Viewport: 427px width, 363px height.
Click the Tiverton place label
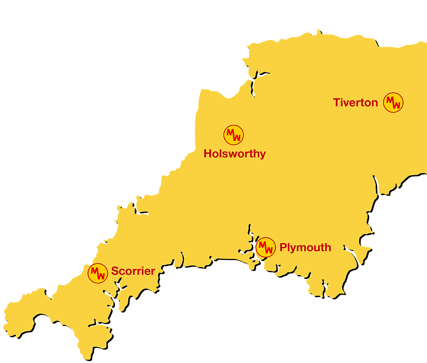pyautogui.click(x=355, y=103)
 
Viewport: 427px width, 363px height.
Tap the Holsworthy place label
pyautogui.click(x=234, y=154)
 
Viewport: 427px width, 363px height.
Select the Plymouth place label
pyautogui.click(x=305, y=248)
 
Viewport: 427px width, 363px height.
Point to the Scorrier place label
pyautogui.click(x=133, y=271)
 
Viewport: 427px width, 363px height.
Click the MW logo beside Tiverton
pyautogui.click(x=393, y=103)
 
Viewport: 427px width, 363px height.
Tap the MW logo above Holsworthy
pyautogui.click(x=234, y=136)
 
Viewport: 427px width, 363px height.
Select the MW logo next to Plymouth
pyautogui.click(x=265, y=248)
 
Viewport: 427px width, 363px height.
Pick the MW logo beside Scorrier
pyautogui.click(x=98, y=273)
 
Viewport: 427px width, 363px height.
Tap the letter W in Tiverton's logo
pyautogui.click(x=396, y=105)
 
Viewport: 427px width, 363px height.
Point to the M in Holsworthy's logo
pyautogui.click(x=231, y=132)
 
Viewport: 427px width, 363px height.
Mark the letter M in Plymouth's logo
pyautogui.click(x=263, y=244)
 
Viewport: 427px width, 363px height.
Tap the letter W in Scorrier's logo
pyautogui.click(x=101, y=276)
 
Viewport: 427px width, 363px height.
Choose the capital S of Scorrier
pyautogui.click(x=115, y=271)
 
